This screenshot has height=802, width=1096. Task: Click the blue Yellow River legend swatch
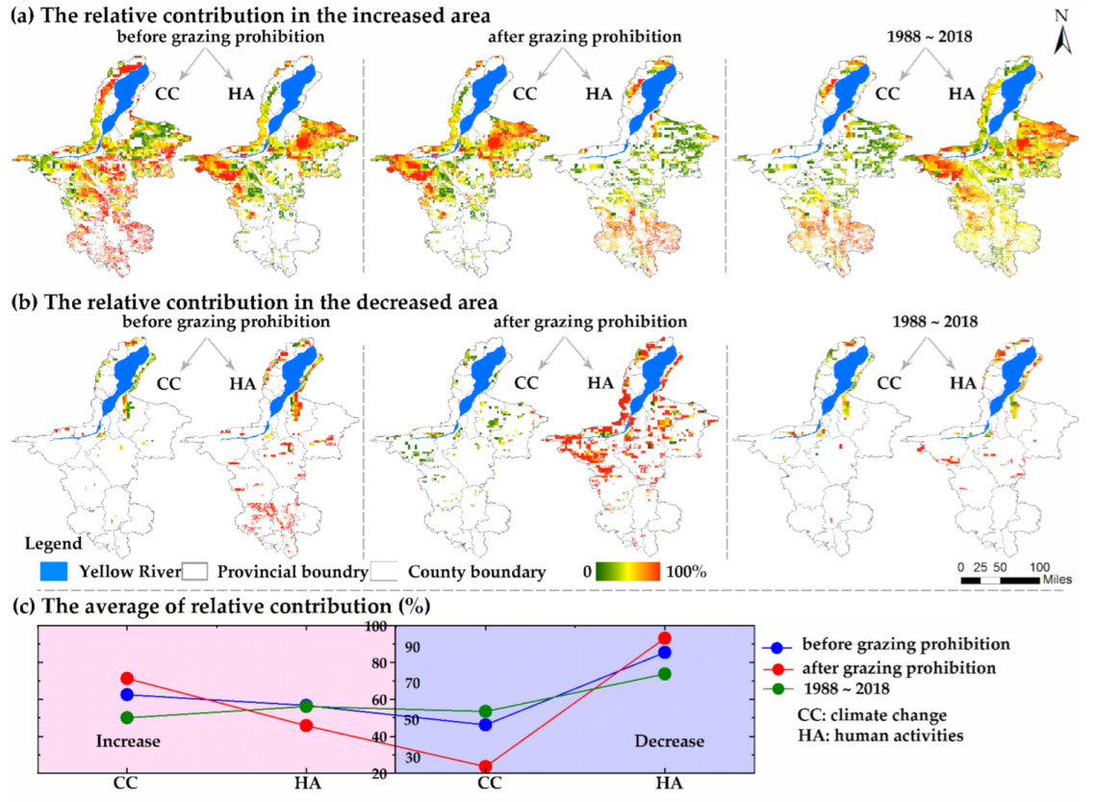tap(58, 572)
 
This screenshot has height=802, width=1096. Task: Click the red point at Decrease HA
tap(664, 637)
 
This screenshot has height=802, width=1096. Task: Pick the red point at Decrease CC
tap(485, 766)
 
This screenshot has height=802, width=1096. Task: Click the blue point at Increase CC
tap(125, 694)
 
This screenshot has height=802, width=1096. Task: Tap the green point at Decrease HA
tap(664, 673)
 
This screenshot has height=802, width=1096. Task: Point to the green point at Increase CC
tap(125, 717)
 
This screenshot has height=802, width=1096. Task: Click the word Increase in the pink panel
tap(127, 741)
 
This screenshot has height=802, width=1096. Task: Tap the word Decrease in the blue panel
tap(669, 741)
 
